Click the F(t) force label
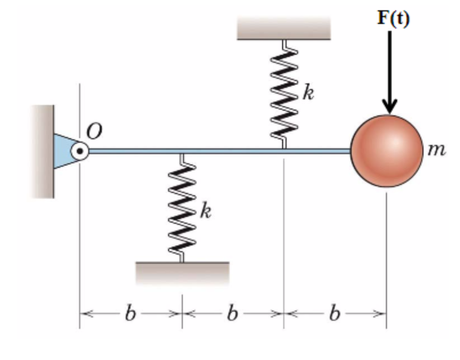click(x=393, y=18)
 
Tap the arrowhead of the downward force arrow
click(x=389, y=107)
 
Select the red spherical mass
click(x=387, y=151)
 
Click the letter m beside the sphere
click(x=436, y=149)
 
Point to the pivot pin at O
click(x=80, y=151)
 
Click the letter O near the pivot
click(x=94, y=131)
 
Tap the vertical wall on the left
click(x=43, y=151)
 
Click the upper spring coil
click(x=284, y=94)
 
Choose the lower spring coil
click(x=182, y=208)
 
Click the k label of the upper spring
click(x=309, y=92)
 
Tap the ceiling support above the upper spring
click(x=284, y=28)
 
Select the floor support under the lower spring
click(x=182, y=273)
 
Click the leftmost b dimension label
click(x=131, y=314)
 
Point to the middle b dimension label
click(x=233, y=314)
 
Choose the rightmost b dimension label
click(x=335, y=314)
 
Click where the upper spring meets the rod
click(x=284, y=148)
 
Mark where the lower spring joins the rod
click(x=182, y=154)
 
